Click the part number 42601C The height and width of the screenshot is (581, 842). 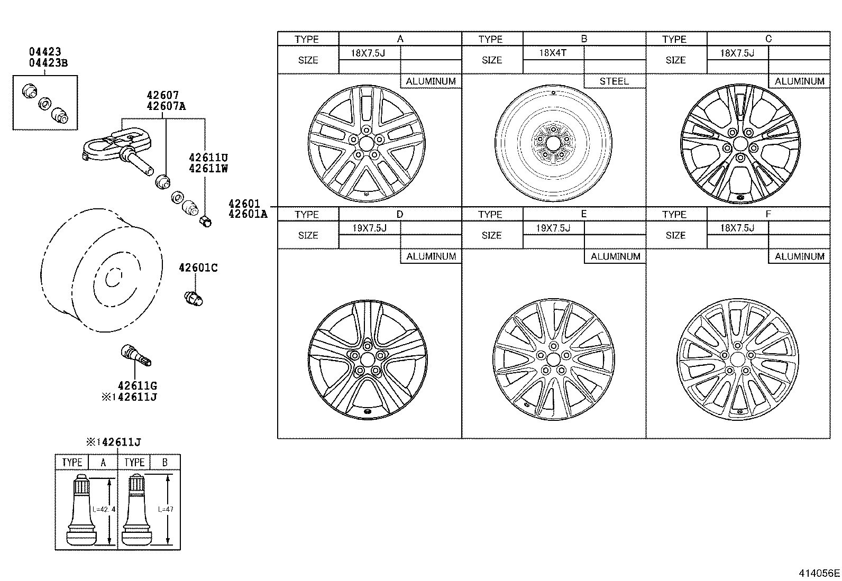tap(198, 268)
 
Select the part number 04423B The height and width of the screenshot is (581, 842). tap(48, 63)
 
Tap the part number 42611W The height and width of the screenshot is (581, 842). tap(208, 169)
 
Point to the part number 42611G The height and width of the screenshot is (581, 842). tap(137, 386)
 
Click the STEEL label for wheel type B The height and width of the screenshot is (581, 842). tap(614, 81)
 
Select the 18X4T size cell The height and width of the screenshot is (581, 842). tap(553, 53)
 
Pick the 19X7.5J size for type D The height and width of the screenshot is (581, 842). tap(369, 228)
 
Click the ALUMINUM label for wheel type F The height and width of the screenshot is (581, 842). tap(799, 256)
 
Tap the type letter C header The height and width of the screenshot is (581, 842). tap(768, 39)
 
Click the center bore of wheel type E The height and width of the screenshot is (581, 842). tap(553, 359)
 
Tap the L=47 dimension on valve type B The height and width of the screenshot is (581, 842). tap(166, 510)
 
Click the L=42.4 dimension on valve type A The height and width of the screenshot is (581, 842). tap(103, 510)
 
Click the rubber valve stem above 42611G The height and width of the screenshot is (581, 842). tap(136, 355)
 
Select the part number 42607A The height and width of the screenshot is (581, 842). tap(166, 106)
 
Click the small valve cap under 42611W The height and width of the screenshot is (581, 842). tap(206, 221)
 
